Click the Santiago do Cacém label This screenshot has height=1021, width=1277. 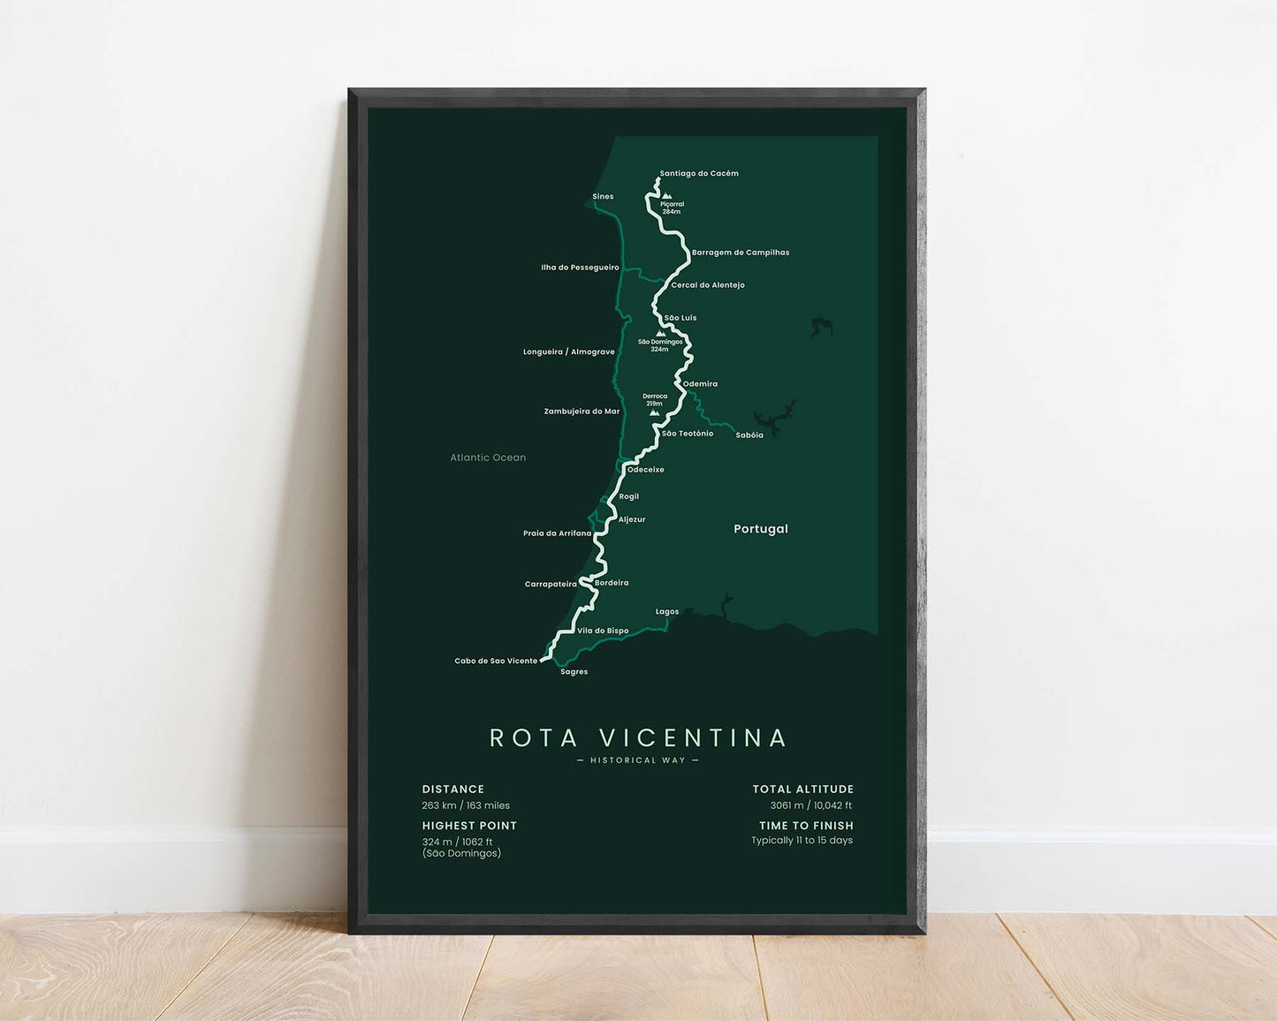click(x=699, y=174)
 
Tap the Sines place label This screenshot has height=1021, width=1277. click(x=603, y=197)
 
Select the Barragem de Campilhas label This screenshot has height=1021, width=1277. click(x=741, y=253)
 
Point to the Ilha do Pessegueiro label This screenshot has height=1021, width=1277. click(x=580, y=268)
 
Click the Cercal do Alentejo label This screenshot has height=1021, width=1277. click(x=708, y=285)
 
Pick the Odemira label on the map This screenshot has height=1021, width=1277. click(x=700, y=384)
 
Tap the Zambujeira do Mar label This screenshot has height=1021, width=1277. click(x=581, y=412)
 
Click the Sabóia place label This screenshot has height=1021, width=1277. click(x=749, y=435)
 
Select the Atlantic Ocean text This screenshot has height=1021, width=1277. click(x=488, y=458)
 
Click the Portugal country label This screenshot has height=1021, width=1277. click(x=761, y=529)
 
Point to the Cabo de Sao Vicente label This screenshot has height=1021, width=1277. click(x=496, y=662)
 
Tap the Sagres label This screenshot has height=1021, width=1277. click(x=574, y=672)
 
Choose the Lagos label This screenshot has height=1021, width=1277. click(x=667, y=612)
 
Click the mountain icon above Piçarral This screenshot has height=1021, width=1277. click(x=667, y=196)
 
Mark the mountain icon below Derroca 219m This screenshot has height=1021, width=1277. click(x=654, y=412)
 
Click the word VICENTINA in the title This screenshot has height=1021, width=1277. click(x=693, y=737)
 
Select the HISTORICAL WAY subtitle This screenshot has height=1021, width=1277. click(x=638, y=760)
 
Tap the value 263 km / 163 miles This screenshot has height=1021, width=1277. click(x=466, y=805)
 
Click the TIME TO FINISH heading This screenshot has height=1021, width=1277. click(x=806, y=826)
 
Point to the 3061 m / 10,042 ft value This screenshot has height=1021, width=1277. click(x=810, y=805)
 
